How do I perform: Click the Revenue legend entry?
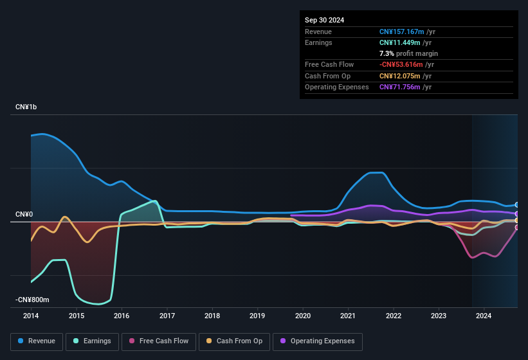37,341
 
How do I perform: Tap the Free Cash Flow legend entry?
159,341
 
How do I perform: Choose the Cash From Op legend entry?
234,341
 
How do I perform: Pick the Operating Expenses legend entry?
318,341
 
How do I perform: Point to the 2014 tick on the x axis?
31,316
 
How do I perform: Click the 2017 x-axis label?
167,316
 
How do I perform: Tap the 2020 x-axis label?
303,316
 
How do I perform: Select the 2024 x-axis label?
484,316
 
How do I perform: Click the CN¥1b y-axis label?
26,107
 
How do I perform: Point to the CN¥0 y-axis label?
24,214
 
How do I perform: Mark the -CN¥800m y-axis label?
32,300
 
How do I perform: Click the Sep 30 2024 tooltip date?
324,20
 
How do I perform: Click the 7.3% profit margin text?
408,53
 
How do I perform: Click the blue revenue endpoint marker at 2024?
517,205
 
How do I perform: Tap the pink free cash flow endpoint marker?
517,227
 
